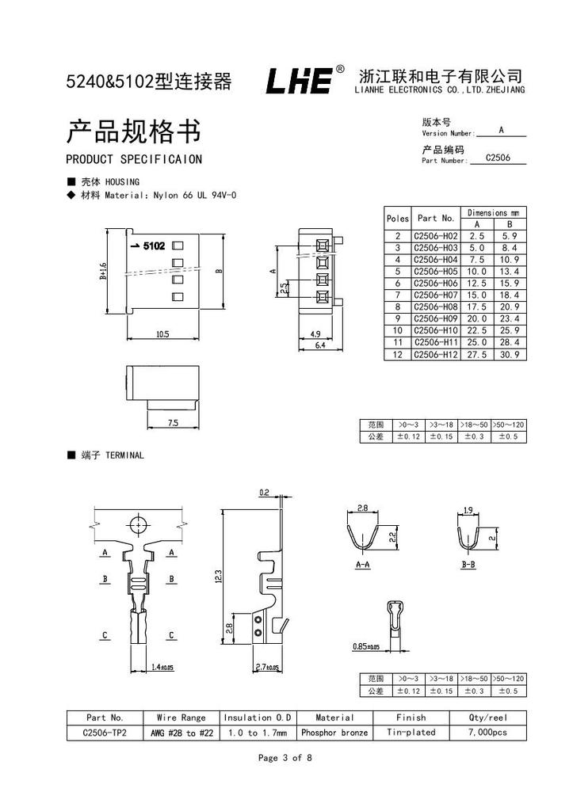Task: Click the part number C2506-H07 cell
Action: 436,295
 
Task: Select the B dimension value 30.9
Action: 510,354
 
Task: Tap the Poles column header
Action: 398,218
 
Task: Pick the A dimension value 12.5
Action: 476,283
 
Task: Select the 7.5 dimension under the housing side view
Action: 173,424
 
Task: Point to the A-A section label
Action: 362,565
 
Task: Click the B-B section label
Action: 468,565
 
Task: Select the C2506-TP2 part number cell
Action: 105,733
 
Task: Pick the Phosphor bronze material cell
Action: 334,733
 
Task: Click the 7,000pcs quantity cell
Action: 488,733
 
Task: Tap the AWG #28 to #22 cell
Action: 181,733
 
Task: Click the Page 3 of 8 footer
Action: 285,758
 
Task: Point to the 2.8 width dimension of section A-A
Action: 362,508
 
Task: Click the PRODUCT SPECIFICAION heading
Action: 134,159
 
